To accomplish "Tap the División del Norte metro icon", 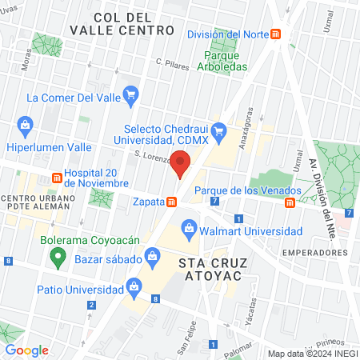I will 276,34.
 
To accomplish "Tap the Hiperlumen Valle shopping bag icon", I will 25,125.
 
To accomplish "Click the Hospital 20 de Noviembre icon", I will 58,178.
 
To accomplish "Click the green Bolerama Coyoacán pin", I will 57,257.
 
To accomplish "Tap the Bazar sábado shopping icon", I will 151,258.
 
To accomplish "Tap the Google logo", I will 26,350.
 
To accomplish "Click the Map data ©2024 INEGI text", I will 311,354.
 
